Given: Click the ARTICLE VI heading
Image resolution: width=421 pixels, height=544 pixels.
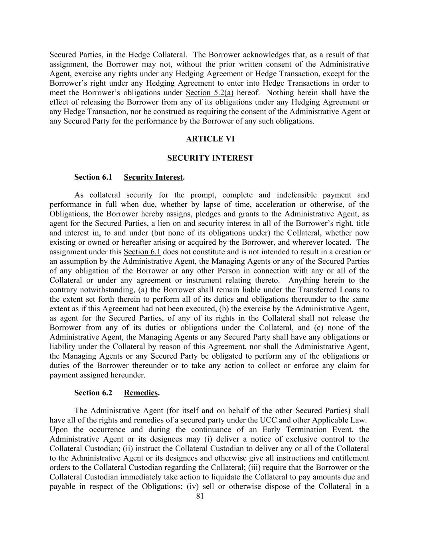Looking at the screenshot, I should click(210, 139).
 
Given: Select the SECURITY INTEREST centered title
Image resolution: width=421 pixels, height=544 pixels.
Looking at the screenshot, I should click(210, 158).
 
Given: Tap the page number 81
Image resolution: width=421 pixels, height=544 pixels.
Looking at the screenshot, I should click(200, 496).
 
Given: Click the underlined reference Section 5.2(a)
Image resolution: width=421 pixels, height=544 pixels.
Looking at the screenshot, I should click(210, 92).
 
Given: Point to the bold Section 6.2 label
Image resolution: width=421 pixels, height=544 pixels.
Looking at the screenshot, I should click(93, 393).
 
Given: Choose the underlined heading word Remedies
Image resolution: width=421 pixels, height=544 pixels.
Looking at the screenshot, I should click(141, 393).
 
